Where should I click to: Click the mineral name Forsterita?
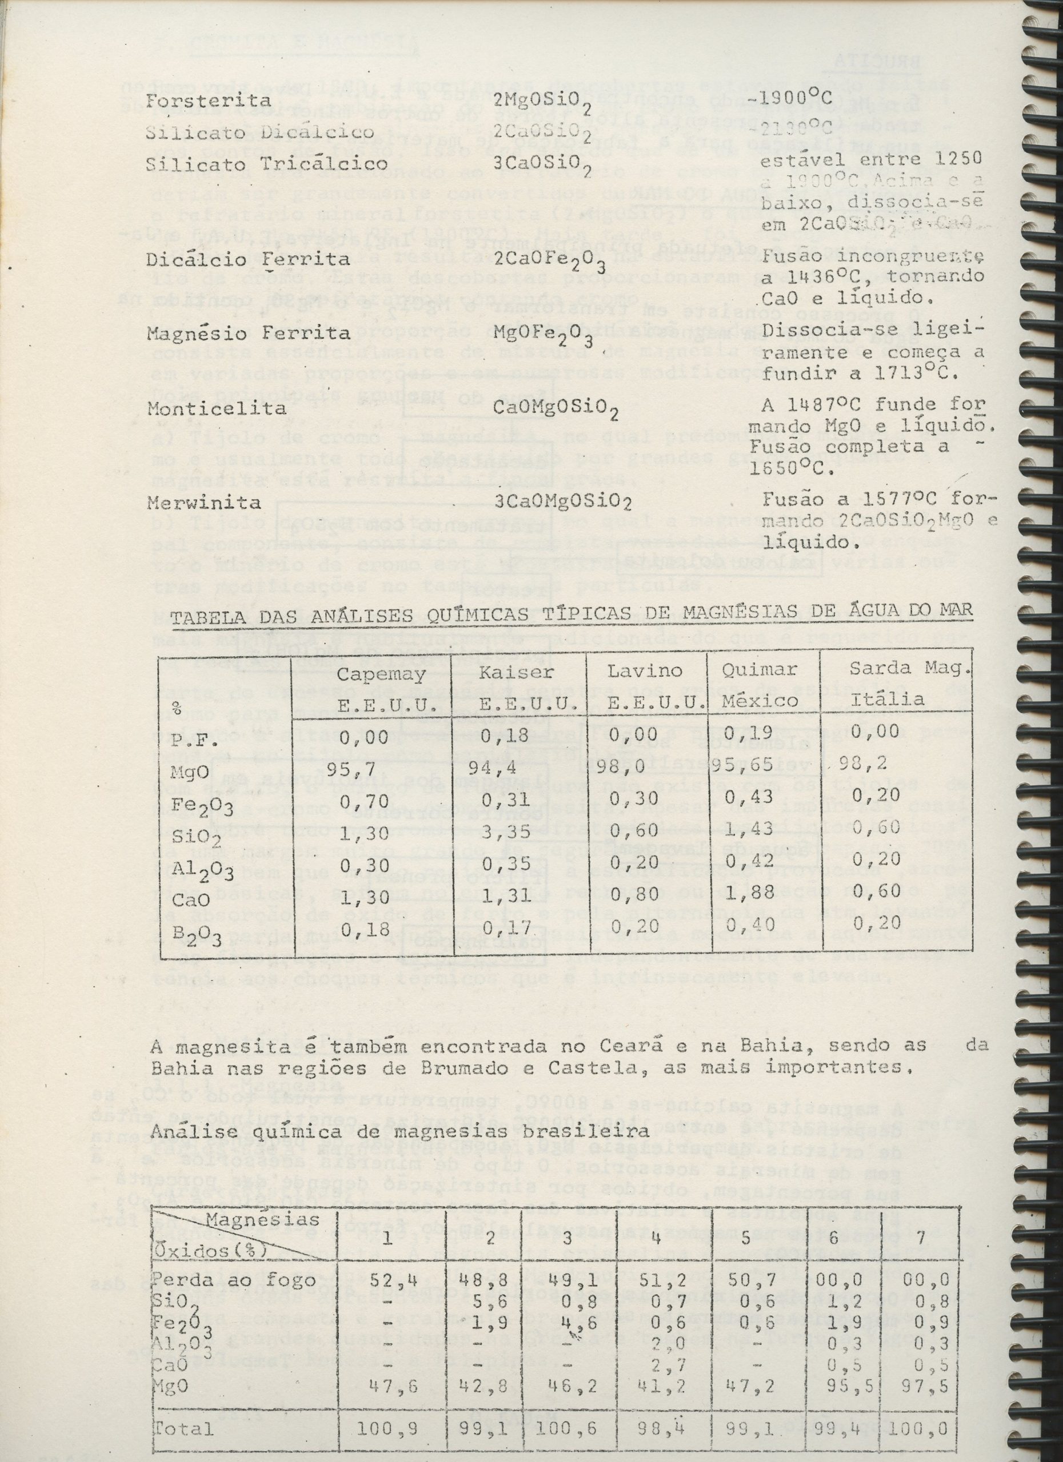tap(200, 101)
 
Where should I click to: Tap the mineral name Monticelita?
tap(217, 409)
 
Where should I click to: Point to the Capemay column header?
tap(381, 674)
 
